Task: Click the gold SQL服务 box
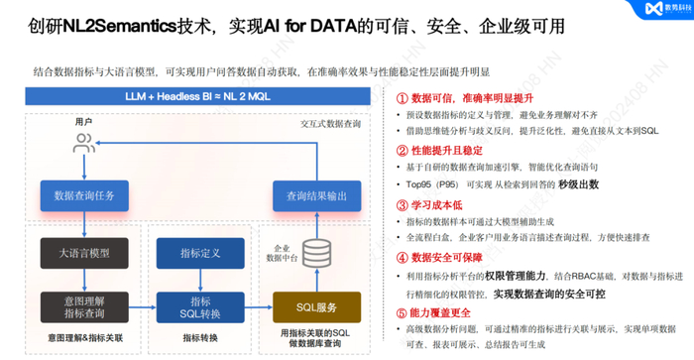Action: pos(317,308)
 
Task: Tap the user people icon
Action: pos(84,143)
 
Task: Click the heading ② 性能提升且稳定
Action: pos(442,151)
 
